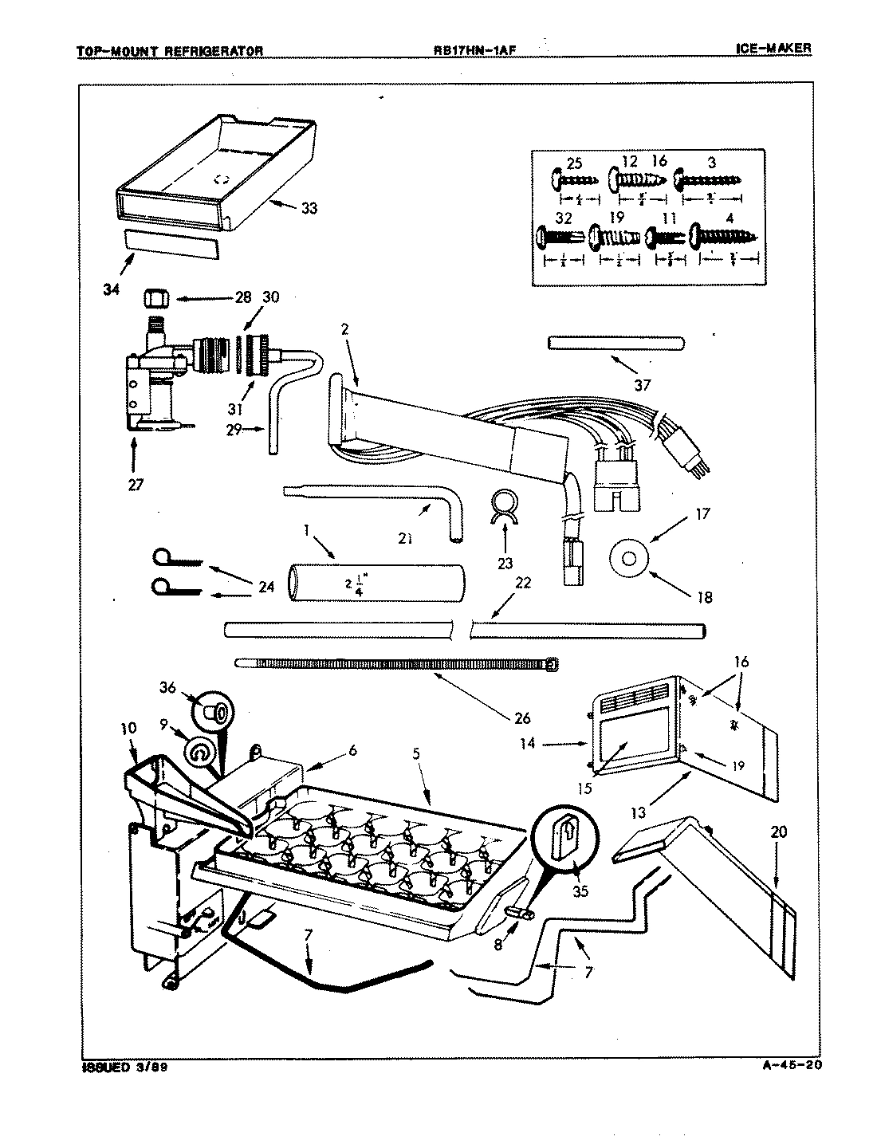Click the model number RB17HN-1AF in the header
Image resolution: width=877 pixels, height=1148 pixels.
470,49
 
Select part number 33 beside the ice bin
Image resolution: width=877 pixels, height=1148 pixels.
309,209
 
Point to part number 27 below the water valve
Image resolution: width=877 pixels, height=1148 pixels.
135,484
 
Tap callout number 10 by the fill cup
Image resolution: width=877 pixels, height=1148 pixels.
128,728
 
